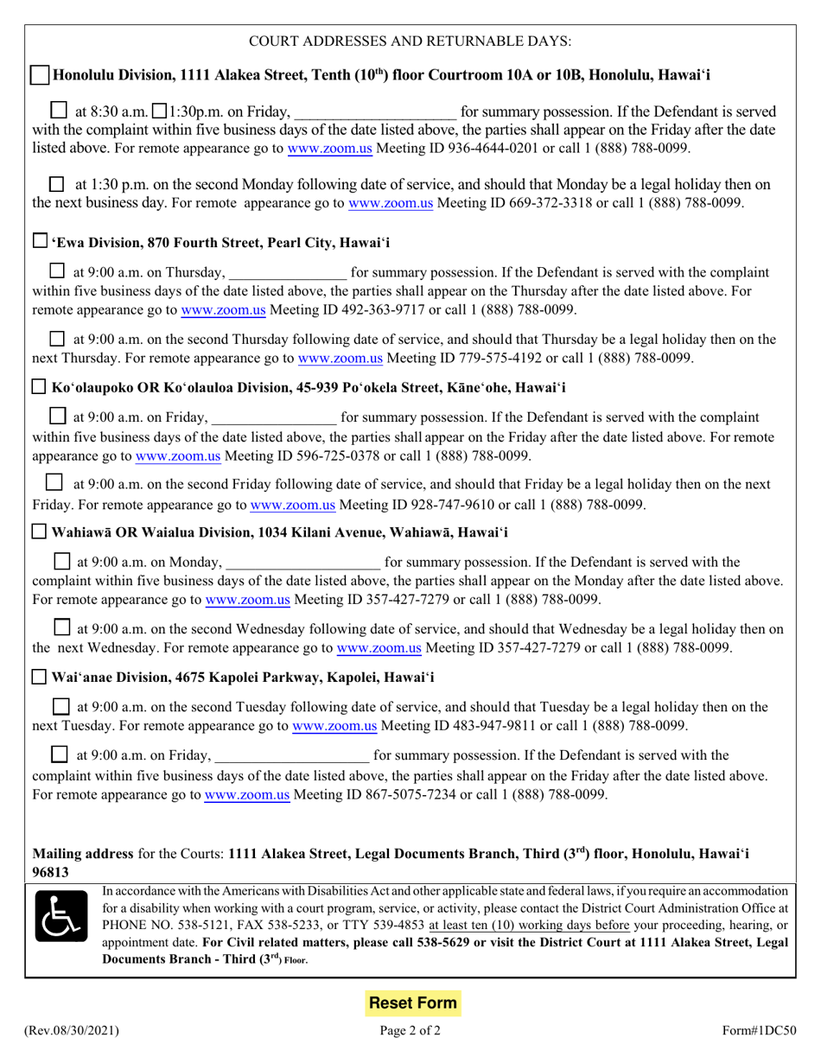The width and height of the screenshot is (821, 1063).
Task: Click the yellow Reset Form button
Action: tap(412, 1003)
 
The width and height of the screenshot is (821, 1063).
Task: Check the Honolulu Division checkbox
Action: tap(40, 76)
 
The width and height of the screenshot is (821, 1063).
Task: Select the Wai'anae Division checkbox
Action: tap(40, 676)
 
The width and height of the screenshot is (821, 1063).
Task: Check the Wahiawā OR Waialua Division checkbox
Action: tap(40, 531)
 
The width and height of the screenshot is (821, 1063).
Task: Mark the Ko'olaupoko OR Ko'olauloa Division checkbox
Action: tap(40, 386)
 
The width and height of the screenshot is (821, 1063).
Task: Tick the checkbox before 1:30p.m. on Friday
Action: tap(160, 111)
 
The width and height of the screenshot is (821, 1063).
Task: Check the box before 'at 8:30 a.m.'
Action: tap(59, 111)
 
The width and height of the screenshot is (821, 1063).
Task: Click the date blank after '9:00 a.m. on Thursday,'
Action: tap(289, 274)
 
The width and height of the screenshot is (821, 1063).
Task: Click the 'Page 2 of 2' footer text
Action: tap(411, 1030)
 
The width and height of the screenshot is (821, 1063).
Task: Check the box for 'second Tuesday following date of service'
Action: tap(61, 707)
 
